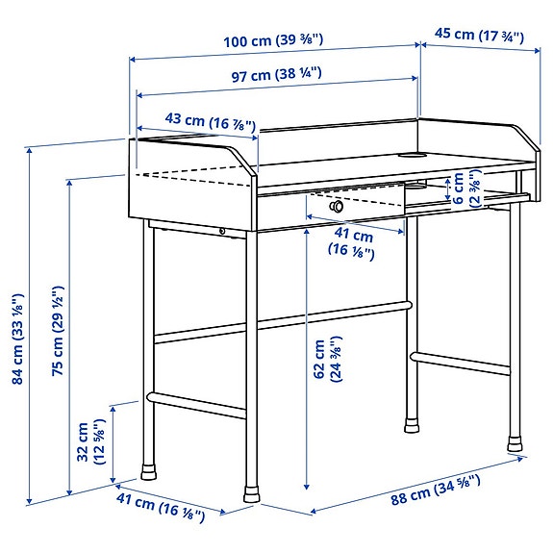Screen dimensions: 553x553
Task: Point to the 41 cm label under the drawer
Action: click(355, 243)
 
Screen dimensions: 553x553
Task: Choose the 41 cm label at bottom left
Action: click(161, 507)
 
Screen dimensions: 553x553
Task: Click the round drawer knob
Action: click(337, 206)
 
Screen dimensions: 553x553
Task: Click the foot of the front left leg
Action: click(150, 472)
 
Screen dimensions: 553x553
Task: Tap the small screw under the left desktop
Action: click(223, 230)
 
